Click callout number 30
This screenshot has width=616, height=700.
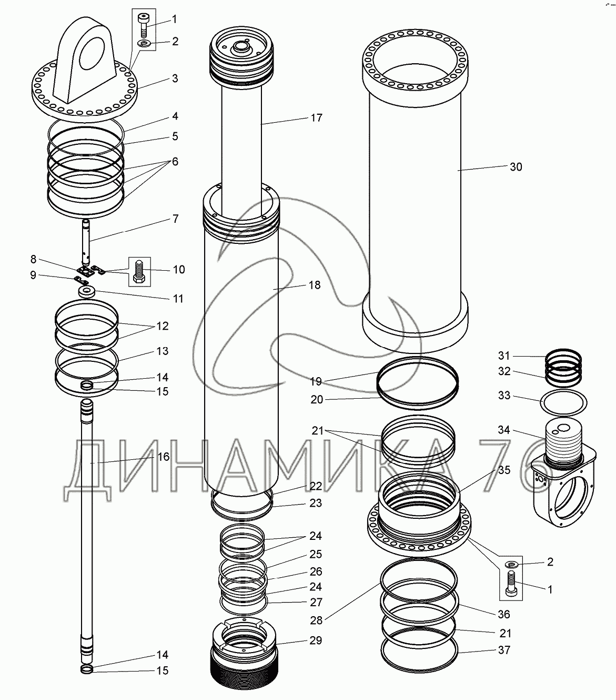coord(516,167)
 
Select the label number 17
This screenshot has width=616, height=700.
coord(316,118)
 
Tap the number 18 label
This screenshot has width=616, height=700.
coord(315,285)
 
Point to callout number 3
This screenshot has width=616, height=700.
coord(175,78)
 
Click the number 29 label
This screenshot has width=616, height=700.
coord(316,640)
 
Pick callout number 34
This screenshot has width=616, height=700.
coord(504,430)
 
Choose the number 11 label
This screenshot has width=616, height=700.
coord(178,299)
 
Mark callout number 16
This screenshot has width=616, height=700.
coord(164,457)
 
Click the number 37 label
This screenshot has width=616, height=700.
coord(504,650)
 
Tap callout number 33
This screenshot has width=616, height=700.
coord(504,395)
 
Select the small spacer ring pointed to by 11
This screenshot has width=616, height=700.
coord(87,292)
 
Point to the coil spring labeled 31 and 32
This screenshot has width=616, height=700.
coord(563,368)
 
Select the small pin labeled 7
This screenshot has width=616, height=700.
coord(86,242)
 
